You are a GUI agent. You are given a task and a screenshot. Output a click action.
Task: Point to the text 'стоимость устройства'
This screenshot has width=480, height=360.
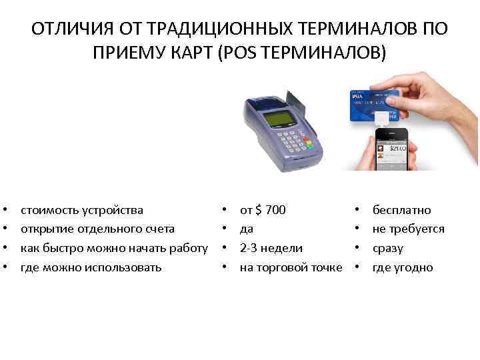[81, 210]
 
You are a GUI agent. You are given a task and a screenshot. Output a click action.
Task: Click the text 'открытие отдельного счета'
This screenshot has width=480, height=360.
[97, 229]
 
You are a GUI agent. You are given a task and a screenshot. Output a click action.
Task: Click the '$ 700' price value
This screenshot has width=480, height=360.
[271, 210]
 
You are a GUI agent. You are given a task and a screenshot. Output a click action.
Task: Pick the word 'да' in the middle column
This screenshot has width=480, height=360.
[246, 229]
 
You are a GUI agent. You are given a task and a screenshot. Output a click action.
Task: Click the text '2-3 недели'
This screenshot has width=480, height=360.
[271, 248]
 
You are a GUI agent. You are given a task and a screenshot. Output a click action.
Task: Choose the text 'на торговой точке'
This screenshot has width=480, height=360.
[291, 267]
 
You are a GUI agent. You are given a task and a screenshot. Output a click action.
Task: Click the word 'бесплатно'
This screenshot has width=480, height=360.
[401, 210]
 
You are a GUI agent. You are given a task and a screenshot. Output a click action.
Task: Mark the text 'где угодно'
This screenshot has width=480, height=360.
[403, 267]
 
